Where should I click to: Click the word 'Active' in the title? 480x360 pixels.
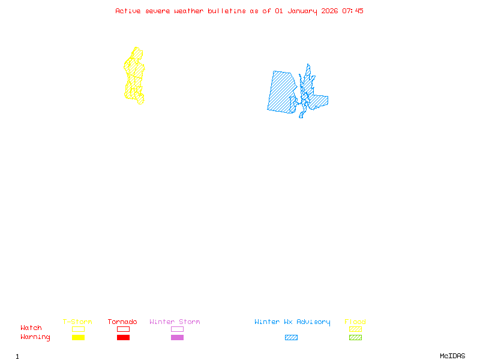click(x=128, y=11)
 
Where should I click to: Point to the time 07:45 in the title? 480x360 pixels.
click(x=353, y=11)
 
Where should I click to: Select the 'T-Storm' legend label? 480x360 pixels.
click(x=77, y=322)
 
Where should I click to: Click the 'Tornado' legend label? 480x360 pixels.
click(x=122, y=322)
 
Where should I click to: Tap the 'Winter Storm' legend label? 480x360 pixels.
click(x=175, y=322)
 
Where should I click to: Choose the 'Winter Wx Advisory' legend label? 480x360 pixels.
click(x=292, y=322)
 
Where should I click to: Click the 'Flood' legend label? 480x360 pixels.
click(x=355, y=322)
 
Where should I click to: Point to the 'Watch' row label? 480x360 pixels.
click(x=31, y=328)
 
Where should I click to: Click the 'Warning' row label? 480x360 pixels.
click(x=35, y=337)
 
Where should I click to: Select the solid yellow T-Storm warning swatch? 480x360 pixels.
click(x=78, y=338)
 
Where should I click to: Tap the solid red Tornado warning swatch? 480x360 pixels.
click(x=123, y=338)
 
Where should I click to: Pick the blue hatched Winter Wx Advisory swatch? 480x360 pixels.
click(x=291, y=338)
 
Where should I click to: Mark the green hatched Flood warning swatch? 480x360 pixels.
click(x=355, y=338)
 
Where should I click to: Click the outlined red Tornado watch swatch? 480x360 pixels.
click(x=123, y=329)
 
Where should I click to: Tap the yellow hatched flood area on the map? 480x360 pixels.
click(x=135, y=75)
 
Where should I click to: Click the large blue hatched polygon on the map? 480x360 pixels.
click(x=281, y=92)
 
